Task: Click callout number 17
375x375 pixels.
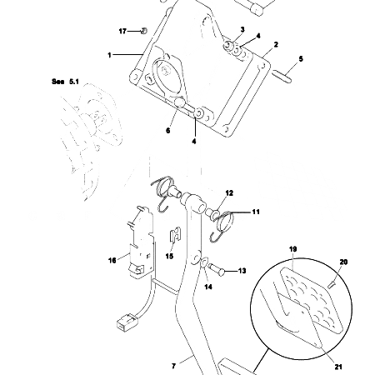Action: click(122, 31)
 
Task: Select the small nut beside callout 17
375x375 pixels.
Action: click(142, 31)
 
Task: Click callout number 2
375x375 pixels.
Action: click(275, 43)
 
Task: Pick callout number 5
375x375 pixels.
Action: click(301, 58)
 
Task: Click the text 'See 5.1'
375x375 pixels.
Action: click(62, 83)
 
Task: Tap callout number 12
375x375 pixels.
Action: click(229, 192)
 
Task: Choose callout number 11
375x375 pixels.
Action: click(256, 212)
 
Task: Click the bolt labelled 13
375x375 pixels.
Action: click(218, 270)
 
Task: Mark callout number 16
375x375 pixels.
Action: click(112, 259)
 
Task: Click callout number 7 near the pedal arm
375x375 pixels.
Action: click(173, 364)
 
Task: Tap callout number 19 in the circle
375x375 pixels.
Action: click(293, 249)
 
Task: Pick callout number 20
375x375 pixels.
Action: click(342, 262)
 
